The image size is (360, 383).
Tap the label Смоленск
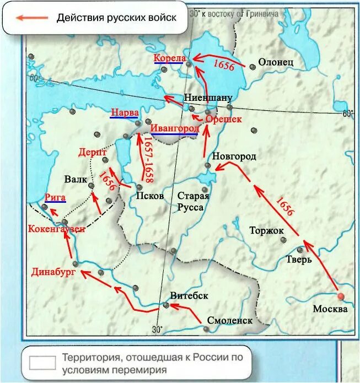[x=230, y=320]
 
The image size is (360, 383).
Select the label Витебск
[x=189, y=295]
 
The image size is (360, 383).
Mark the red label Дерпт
[x=92, y=152]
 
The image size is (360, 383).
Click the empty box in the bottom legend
[x=42, y=363]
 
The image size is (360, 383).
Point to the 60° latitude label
[x=347, y=114]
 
